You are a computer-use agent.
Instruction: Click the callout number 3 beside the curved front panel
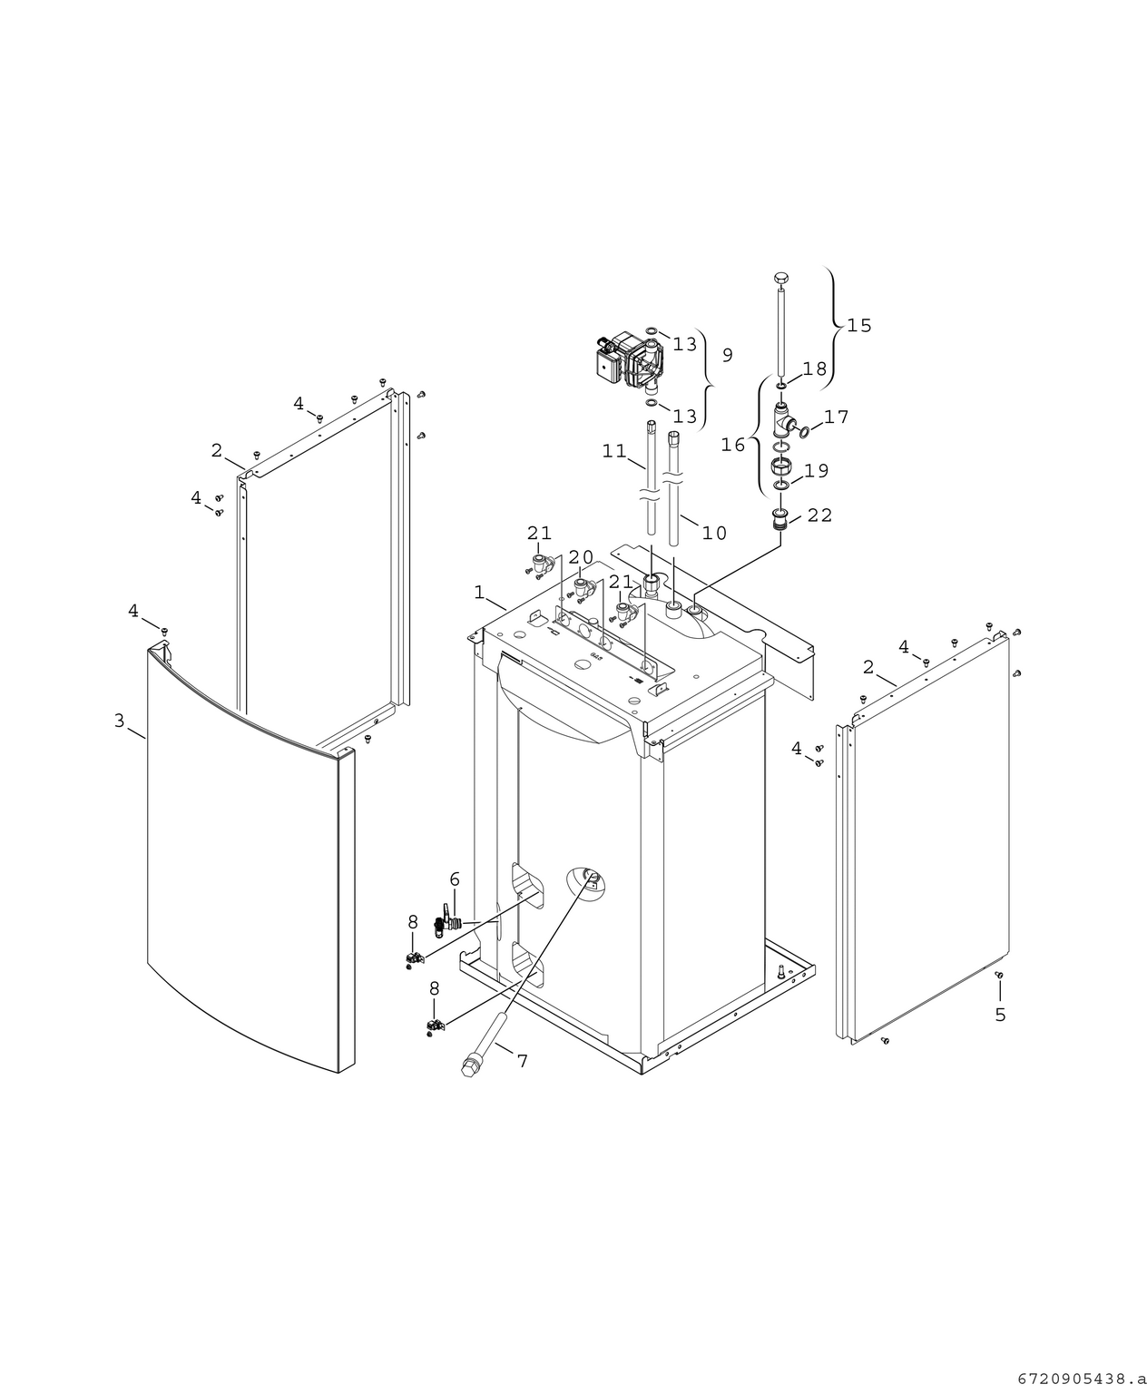tap(119, 721)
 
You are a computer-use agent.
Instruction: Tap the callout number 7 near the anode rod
tap(522, 1060)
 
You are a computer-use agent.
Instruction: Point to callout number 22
tap(819, 515)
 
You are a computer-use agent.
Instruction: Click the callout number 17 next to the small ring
tap(836, 417)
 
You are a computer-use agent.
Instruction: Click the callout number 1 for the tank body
tap(478, 592)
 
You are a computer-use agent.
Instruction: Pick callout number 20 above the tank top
tap(581, 556)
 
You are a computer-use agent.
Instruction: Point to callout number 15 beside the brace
tap(858, 325)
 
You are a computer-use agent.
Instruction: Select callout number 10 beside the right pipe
tap(714, 533)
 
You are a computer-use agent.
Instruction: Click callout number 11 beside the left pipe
tap(614, 450)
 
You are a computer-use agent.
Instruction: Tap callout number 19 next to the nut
tap(816, 470)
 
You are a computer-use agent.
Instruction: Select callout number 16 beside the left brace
tap(733, 445)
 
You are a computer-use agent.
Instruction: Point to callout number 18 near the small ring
tap(814, 368)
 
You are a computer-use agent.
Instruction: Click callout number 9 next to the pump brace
tap(727, 355)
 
